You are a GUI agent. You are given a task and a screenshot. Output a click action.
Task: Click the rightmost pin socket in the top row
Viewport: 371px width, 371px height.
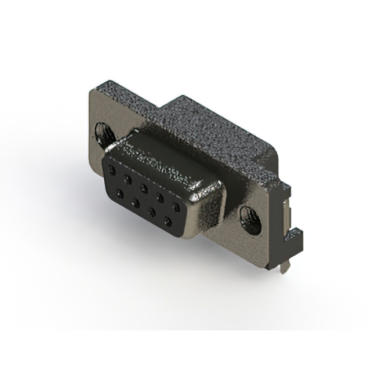174,206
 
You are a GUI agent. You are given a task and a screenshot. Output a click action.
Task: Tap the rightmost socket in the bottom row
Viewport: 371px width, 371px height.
168,221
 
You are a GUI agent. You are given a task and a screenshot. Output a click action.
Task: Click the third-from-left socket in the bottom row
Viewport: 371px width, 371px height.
151,212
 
